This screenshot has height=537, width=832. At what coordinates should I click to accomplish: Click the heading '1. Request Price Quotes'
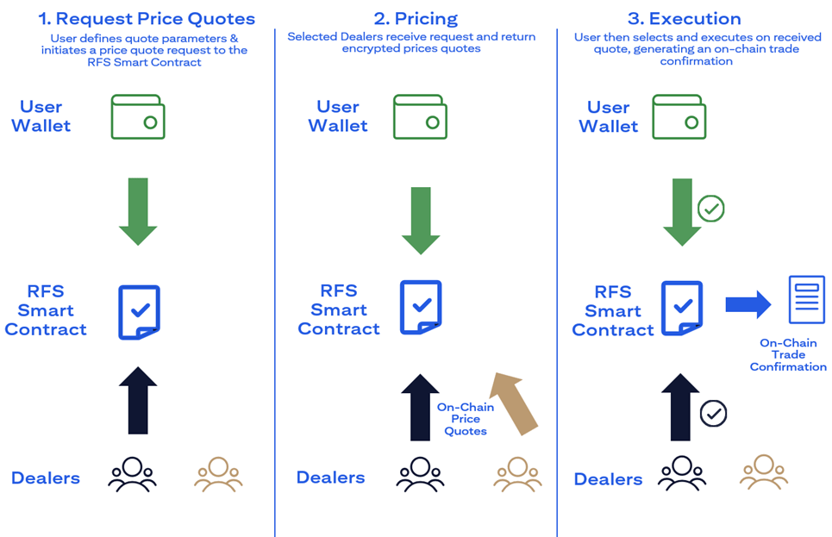[147, 18]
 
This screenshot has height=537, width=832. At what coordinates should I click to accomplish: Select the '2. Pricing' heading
[416, 18]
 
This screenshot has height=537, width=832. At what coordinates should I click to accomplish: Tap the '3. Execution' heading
[683, 18]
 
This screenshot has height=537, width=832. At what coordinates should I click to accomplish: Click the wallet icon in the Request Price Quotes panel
[138, 117]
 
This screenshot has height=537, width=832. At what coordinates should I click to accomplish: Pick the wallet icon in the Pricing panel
[420, 117]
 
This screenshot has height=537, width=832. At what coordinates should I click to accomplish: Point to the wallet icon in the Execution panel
[679, 117]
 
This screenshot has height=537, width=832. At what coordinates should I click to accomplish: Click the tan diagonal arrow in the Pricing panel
[514, 400]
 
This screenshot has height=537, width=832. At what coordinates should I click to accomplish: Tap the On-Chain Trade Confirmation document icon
[806, 300]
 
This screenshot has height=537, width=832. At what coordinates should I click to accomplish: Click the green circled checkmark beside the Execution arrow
[711, 208]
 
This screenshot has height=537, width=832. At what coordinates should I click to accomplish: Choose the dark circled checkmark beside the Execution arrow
[713, 413]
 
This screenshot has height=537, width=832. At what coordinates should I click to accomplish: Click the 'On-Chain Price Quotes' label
[466, 419]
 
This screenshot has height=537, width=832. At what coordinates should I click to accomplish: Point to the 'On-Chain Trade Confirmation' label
[788, 354]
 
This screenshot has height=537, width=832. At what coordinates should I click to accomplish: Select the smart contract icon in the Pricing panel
[422, 308]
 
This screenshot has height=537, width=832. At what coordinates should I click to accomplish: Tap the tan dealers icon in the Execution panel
[764, 473]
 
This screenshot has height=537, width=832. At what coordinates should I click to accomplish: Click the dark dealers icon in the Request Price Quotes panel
[132, 474]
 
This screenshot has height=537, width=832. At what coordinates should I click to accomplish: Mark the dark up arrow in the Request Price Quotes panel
[138, 400]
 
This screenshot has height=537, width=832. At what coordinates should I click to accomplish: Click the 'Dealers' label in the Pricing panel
[330, 478]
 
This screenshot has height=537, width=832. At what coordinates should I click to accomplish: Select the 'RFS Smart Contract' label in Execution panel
[613, 310]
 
